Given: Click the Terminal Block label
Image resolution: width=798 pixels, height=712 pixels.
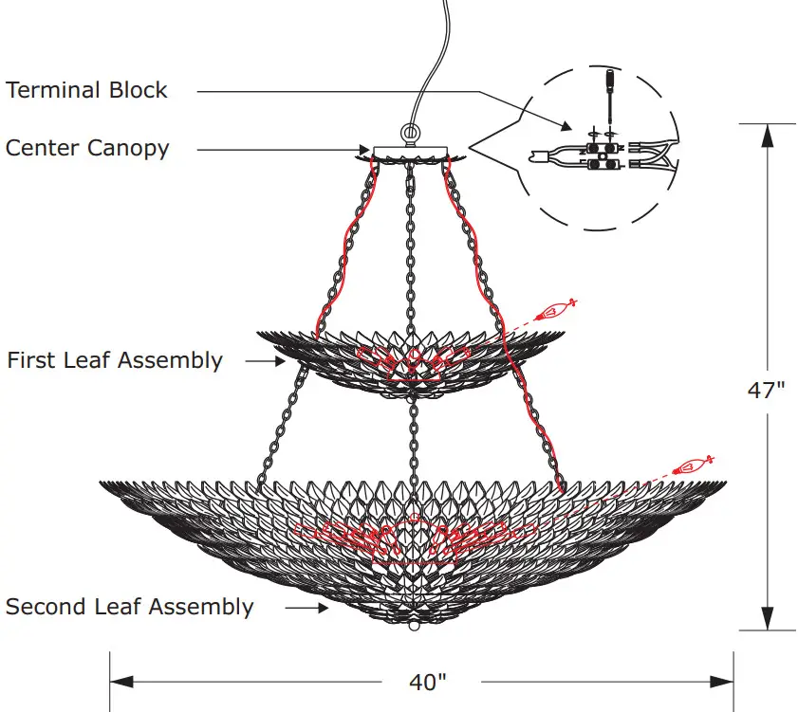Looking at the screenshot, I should coord(86,91).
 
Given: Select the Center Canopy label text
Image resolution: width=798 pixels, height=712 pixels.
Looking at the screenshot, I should coord(87,149).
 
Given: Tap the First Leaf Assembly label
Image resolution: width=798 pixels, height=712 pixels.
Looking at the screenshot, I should coord(115,361).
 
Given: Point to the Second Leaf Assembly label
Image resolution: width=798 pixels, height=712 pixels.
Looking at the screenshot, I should coord(130,607).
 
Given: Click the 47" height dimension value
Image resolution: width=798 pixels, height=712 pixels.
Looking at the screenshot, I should coord(766,391).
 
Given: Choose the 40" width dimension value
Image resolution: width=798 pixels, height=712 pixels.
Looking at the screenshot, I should coord(427,682).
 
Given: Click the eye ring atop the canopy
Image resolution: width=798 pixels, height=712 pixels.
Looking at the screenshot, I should coord(410,134).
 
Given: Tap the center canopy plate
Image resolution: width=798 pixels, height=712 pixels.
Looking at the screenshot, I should coord(409,151).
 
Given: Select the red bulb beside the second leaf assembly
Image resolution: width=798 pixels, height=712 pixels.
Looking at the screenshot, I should coord(692,466).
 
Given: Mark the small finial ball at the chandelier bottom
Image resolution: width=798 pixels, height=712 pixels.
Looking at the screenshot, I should coord(412,627).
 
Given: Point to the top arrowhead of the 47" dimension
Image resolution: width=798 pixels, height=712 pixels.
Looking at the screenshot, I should coord(767,135).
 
